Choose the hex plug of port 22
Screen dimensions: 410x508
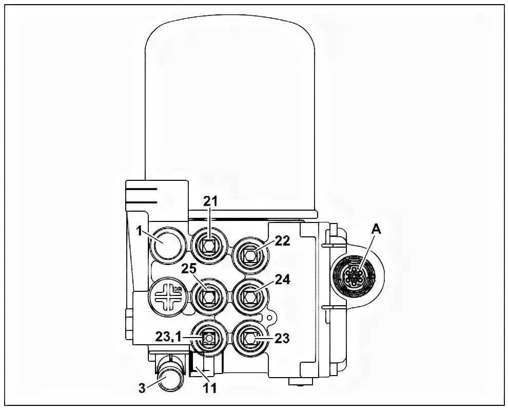[x=251, y=254]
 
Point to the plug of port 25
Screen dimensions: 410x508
[x=208, y=297]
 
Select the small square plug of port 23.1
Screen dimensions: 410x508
[x=208, y=338]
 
